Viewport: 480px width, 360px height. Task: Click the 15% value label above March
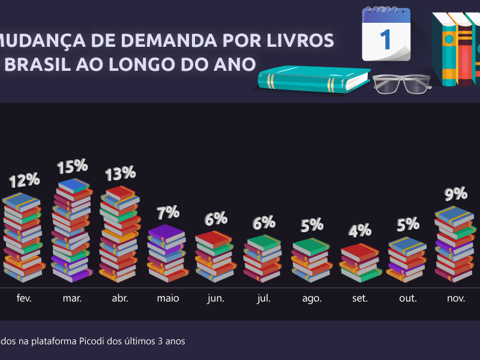coord(73,166)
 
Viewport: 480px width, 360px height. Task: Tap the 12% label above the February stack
coord(25,179)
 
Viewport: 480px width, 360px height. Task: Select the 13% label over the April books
coord(120,174)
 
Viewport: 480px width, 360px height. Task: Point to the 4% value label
coord(360,230)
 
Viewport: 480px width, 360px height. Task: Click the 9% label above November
coord(456,194)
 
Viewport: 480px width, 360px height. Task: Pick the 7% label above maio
coord(168,212)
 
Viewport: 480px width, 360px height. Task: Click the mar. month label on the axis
coord(72,298)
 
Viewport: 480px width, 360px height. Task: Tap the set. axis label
coord(360,298)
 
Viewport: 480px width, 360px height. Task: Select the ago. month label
coord(312,298)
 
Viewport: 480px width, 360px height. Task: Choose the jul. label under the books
coord(264,298)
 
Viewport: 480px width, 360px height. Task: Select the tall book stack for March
coord(72,231)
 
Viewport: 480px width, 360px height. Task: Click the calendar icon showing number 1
coord(386,35)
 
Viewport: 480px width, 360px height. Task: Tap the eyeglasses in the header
coord(401,83)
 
